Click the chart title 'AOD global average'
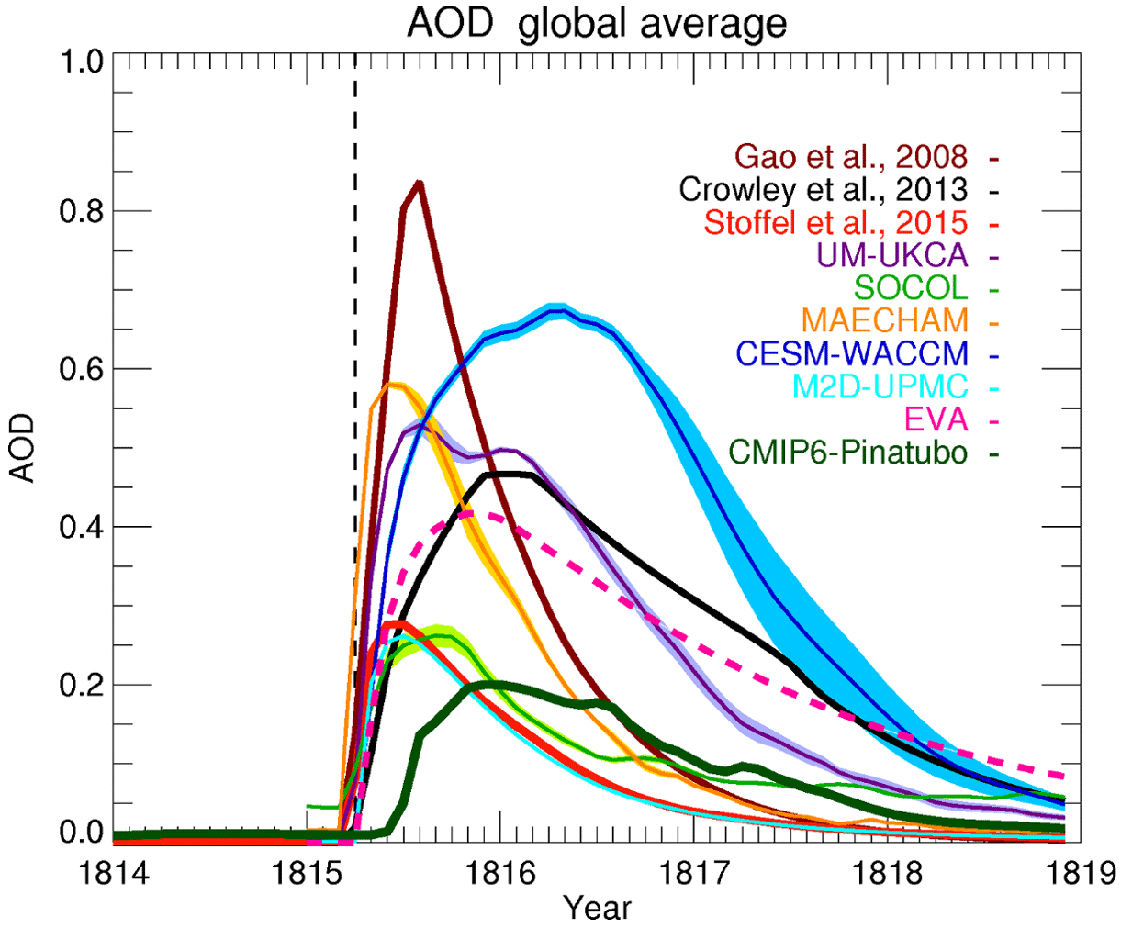pyautogui.click(x=597, y=23)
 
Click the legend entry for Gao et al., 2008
pyautogui.click(x=850, y=156)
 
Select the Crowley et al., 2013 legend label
pyautogui.click(x=823, y=189)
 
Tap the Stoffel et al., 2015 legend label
pyautogui.click(x=835, y=222)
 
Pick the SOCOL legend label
pyautogui.click(x=911, y=288)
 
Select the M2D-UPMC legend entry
pyautogui.click(x=880, y=386)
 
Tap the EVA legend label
pyautogui.click(x=936, y=419)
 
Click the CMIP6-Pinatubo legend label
pyautogui.click(x=847, y=453)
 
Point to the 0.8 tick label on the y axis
pyautogui.click(x=78, y=211)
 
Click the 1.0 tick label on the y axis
pyautogui.click(x=78, y=62)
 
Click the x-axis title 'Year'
pyautogui.click(x=597, y=908)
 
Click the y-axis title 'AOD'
pyautogui.click(x=22, y=449)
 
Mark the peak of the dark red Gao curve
pyautogui.click(x=419, y=183)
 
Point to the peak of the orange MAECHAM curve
pyautogui.click(x=393, y=385)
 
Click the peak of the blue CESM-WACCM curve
pyautogui.click(x=555, y=310)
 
